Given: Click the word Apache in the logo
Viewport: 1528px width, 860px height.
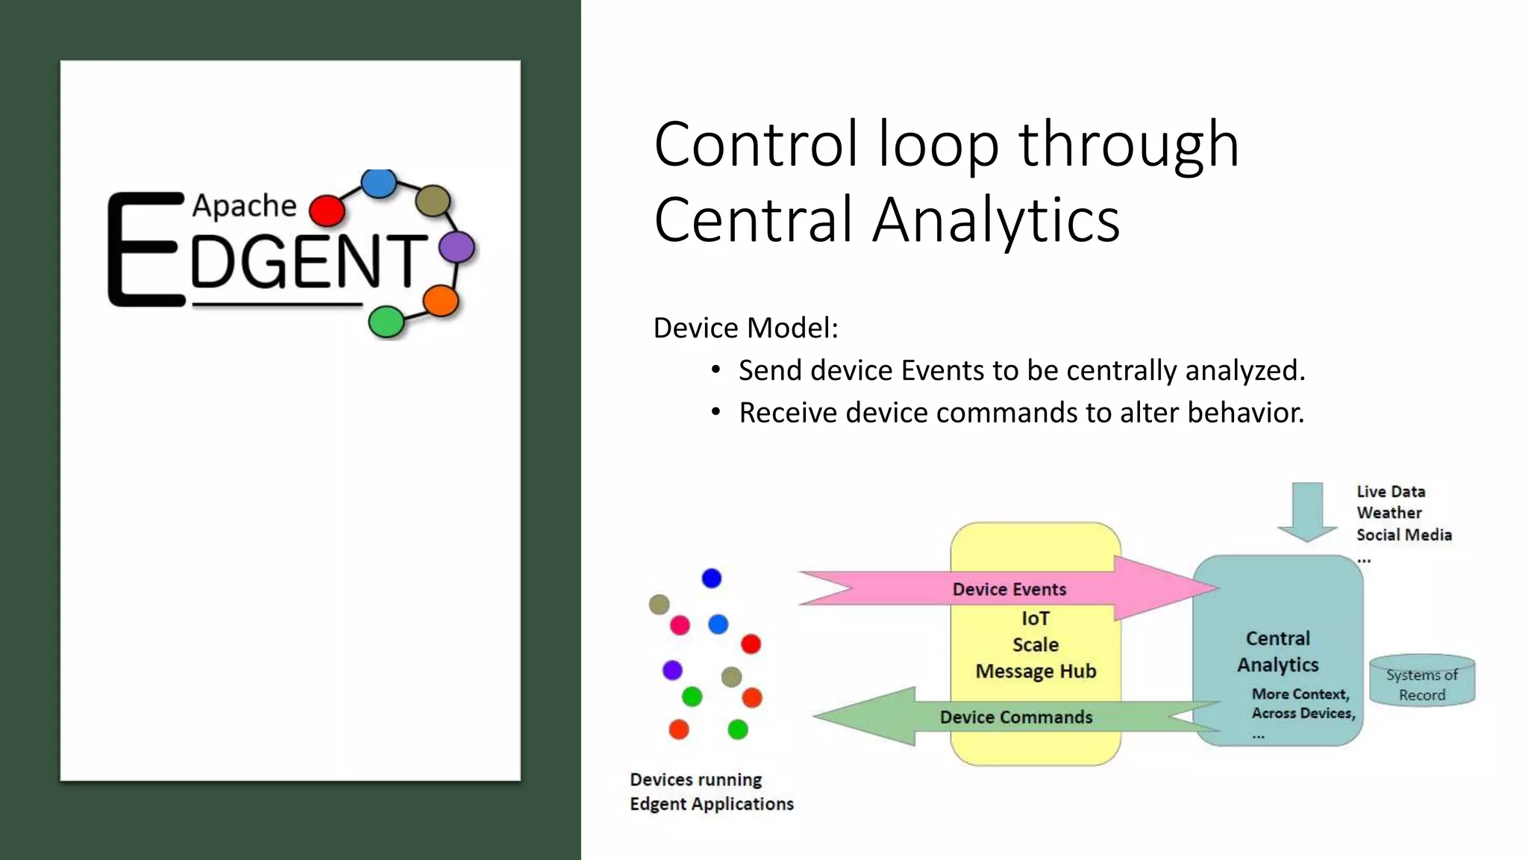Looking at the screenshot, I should [x=244, y=206].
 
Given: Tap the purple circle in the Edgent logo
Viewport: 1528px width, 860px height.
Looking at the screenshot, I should [x=457, y=247].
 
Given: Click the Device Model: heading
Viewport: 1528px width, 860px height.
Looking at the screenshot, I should [x=745, y=328].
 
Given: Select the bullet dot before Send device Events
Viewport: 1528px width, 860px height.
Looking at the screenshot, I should [x=716, y=370].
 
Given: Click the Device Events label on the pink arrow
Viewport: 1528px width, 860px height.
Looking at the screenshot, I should [x=1009, y=589].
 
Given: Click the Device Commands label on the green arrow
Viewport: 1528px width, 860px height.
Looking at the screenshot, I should [x=1015, y=717].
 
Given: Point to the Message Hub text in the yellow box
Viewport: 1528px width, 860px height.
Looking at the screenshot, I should [x=1036, y=671].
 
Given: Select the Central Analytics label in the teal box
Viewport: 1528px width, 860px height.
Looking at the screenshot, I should [x=1277, y=652].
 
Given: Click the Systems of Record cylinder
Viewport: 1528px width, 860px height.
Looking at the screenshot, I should [x=1422, y=682].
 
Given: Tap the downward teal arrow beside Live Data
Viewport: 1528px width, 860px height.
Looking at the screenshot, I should [x=1307, y=512].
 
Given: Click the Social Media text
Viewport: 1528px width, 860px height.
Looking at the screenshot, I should [x=1403, y=535].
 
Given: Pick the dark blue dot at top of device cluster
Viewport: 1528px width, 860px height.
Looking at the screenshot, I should [x=712, y=579].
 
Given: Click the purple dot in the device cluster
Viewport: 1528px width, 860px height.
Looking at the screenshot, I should [x=672, y=670].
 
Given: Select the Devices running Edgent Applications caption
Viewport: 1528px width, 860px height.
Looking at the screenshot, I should [x=711, y=792].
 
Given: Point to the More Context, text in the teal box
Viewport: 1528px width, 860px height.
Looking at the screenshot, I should [x=1300, y=694].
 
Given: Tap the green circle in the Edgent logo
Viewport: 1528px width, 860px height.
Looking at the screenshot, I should [x=386, y=322].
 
